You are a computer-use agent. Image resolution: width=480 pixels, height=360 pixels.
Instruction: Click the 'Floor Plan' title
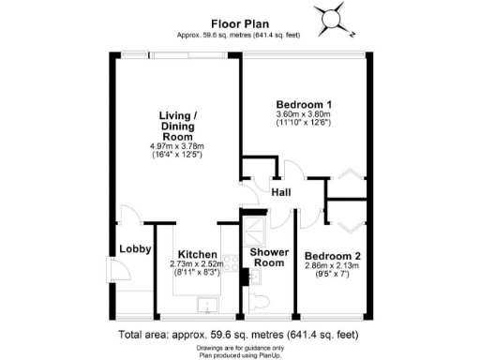[x=240, y=25]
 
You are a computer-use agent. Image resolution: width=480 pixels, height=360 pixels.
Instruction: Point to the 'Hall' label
[x=280, y=192]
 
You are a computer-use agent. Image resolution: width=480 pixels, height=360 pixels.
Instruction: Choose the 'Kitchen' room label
[x=198, y=255]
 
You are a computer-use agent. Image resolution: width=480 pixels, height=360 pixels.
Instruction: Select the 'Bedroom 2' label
[x=331, y=256]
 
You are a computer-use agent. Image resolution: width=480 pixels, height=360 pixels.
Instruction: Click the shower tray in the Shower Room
[x=254, y=231]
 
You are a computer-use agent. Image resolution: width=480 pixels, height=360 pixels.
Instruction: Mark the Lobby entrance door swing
[x=121, y=273]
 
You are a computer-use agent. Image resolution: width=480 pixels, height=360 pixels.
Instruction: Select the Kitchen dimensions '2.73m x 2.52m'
[x=198, y=265]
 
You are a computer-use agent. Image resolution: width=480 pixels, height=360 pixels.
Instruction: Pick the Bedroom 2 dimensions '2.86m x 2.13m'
[x=331, y=267]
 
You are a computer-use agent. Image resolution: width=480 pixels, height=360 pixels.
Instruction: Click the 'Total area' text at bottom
[x=239, y=335]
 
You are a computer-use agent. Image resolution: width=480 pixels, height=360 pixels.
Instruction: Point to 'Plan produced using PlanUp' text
[x=239, y=354]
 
